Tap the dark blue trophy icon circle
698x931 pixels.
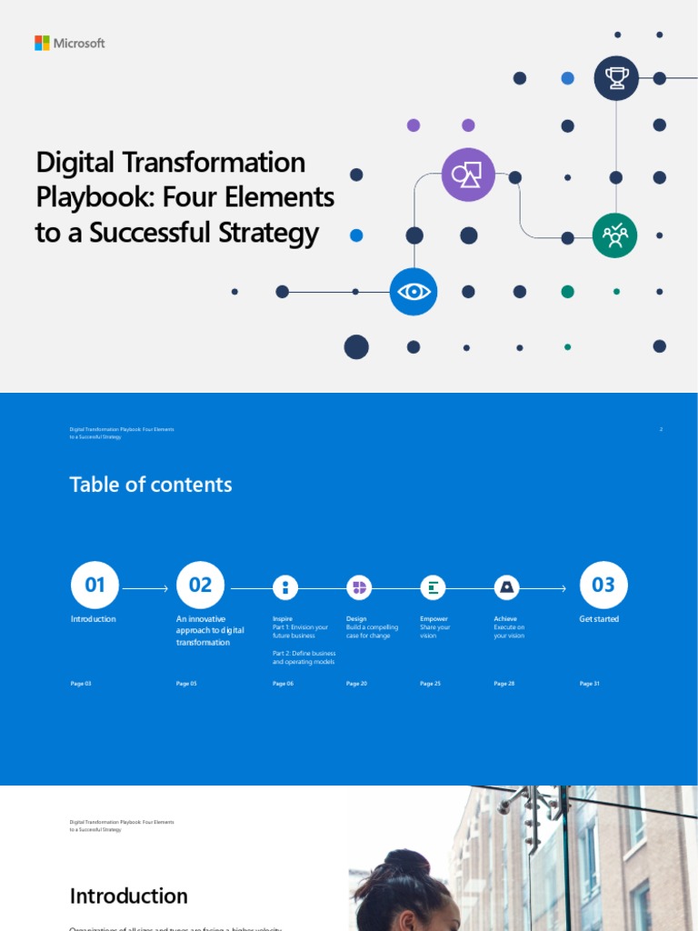tap(616, 78)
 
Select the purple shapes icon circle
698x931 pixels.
tap(468, 175)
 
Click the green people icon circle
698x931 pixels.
tap(615, 235)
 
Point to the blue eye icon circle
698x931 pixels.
tap(414, 292)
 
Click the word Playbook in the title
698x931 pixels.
tap(78, 197)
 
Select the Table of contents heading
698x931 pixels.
tap(151, 485)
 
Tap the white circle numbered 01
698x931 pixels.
tap(95, 586)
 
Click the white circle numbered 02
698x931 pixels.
tap(200, 586)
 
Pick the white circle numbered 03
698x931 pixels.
tap(603, 586)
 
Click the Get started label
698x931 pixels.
tap(599, 619)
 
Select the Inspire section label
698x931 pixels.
tap(283, 619)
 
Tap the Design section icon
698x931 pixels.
tap(359, 587)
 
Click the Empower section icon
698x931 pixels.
tap(433, 587)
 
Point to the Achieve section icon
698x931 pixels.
tap(506, 587)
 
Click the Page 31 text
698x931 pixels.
tap(590, 683)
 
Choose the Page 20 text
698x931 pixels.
tap(356, 683)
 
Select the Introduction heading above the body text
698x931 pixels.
tap(129, 896)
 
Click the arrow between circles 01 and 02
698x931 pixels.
tap(145, 589)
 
